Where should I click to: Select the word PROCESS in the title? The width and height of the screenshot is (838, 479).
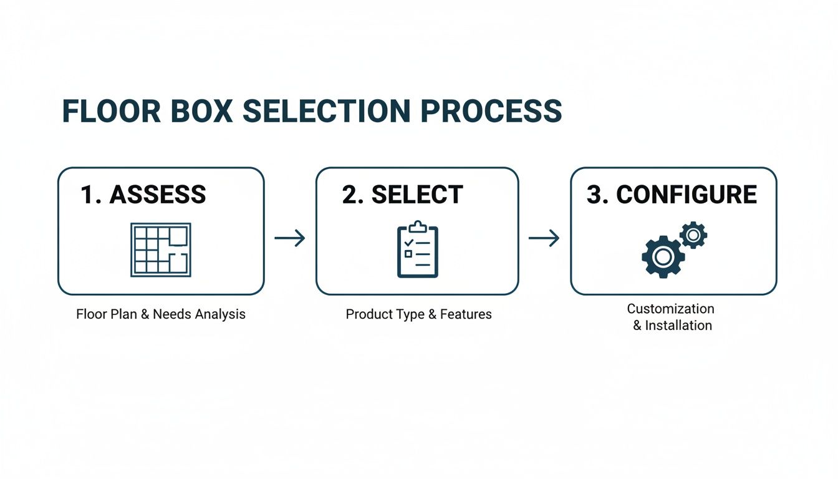(x=491, y=111)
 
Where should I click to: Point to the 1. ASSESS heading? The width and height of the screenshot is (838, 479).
(x=143, y=195)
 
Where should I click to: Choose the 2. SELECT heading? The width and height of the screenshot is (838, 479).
(x=402, y=195)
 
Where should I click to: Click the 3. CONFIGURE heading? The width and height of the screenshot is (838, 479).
(x=672, y=195)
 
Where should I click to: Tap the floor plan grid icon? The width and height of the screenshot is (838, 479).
(x=160, y=250)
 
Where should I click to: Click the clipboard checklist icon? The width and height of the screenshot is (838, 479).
(x=418, y=249)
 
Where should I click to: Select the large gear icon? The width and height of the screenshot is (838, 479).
(x=663, y=256)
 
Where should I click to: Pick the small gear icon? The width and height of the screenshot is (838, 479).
(x=693, y=235)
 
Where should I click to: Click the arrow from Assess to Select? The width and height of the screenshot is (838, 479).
(x=290, y=238)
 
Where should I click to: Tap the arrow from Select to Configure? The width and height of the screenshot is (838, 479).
(x=544, y=238)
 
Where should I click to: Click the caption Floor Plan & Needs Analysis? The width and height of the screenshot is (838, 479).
(x=161, y=314)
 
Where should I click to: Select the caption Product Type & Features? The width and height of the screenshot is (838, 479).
(x=418, y=314)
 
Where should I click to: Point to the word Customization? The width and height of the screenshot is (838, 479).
(x=670, y=309)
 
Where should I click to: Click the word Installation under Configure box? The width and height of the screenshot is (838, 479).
(x=678, y=326)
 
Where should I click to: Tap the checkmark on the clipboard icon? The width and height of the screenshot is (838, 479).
(x=408, y=241)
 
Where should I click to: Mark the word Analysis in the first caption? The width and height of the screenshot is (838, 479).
(x=220, y=314)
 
